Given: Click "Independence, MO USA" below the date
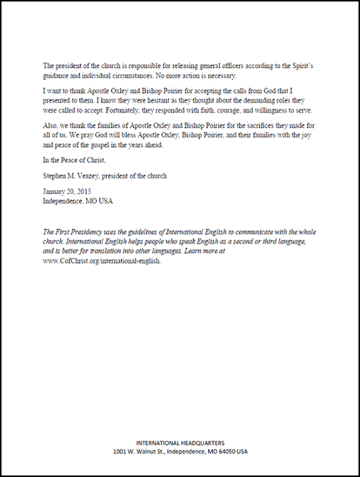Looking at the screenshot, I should pyautogui.click(x=77, y=201).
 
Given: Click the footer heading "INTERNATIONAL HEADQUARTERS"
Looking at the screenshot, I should pyautogui.click(x=180, y=443).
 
